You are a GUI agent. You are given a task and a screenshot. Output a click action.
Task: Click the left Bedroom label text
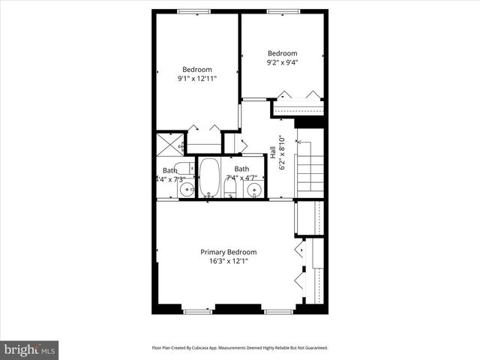197,69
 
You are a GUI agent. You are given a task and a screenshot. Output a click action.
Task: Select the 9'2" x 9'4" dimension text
283,62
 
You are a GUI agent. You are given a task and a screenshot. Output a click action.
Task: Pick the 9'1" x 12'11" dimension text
197,78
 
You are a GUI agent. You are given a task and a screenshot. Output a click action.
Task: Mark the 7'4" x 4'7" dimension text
241,178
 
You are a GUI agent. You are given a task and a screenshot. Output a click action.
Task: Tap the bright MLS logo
30,349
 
